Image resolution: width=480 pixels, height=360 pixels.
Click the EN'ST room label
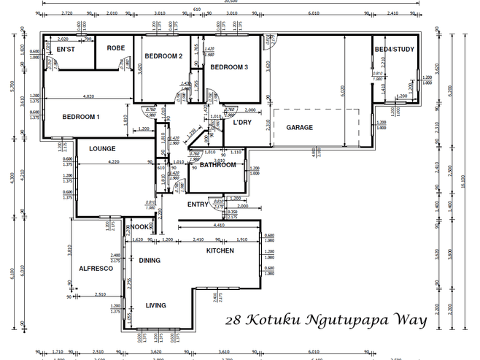pos(67,49)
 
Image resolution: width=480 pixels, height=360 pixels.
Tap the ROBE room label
pos(116,48)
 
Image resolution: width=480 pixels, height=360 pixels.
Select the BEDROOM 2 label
pos(163,56)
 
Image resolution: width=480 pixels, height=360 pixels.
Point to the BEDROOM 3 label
pos(230,67)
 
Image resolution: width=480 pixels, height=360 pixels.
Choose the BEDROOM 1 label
pos(80,117)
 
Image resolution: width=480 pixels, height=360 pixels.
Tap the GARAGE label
pos(299,127)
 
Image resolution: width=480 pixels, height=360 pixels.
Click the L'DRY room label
pos(242,122)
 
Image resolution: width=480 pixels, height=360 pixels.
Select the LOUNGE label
pos(103,149)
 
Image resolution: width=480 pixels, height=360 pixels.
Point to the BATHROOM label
pos(218,165)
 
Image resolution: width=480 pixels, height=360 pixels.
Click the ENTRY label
pos(198,204)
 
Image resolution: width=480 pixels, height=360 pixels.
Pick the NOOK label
pos(139,227)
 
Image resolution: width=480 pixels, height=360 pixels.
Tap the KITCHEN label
pos(220,250)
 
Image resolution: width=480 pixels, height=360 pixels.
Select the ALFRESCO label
pos(96,269)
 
